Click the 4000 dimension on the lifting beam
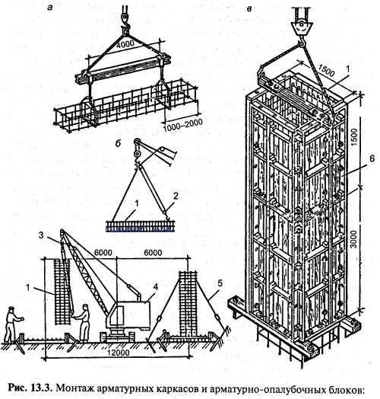coord(125,44)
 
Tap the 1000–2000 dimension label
coord(182,125)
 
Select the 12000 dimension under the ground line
coord(118,353)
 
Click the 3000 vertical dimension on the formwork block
coord(354,239)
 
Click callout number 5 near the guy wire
coord(220,283)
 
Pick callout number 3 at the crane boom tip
coord(41,235)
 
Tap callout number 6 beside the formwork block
coord(372,159)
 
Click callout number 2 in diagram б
coord(176,196)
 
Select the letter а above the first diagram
coord(50,8)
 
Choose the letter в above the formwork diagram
coord(249,9)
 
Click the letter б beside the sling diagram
coord(118,143)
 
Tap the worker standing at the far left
coord(13,324)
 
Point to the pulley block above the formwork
coord(301,27)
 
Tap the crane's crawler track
coord(118,337)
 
